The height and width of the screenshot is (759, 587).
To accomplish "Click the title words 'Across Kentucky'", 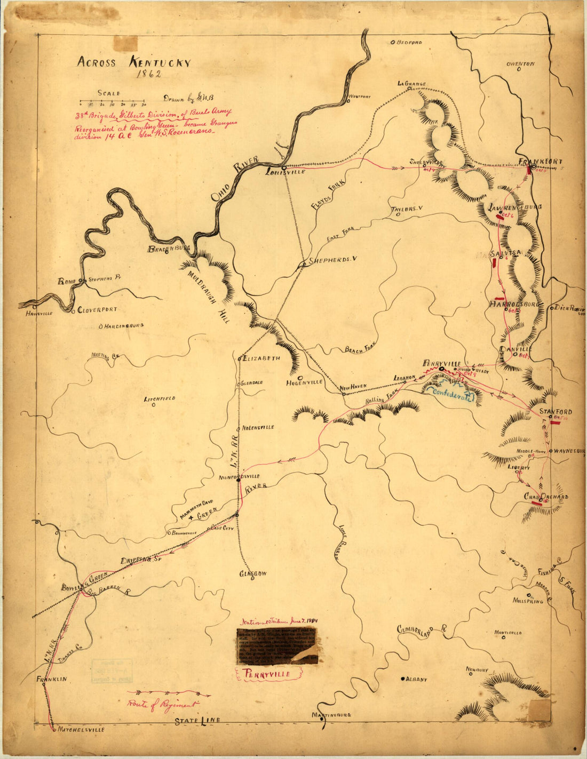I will click(x=133, y=62).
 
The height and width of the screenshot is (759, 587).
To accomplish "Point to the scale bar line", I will click(x=113, y=101).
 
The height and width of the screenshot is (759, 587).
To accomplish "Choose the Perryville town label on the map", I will click(x=441, y=363).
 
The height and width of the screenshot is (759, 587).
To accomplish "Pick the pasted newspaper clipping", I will click(x=277, y=646).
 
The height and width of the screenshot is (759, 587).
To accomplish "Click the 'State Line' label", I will click(x=197, y=721).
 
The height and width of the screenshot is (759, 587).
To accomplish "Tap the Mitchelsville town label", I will click(x=81, y=730).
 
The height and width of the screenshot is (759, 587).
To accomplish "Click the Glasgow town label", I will click(x=252, y=574).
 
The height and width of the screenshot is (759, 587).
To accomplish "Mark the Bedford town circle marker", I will click(x=393, y=42).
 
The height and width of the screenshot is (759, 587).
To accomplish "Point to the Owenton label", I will click(x=520, y=64).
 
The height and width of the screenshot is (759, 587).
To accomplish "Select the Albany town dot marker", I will click(x=402, y=679).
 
